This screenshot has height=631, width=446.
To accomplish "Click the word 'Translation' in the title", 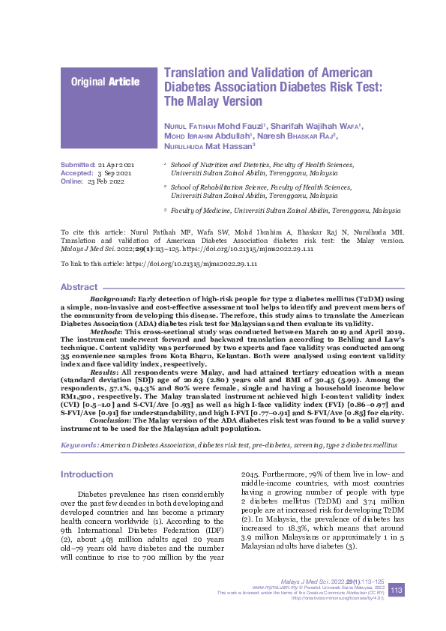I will pos(198,73).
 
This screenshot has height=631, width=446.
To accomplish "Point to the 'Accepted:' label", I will pos(76,172).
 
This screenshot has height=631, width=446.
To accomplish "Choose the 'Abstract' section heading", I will pos(79,287).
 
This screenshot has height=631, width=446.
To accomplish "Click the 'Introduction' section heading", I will pos(87,474).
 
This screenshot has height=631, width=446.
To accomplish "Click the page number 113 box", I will pos(397,590).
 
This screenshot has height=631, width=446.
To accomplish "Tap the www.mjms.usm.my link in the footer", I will pos(271,587).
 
